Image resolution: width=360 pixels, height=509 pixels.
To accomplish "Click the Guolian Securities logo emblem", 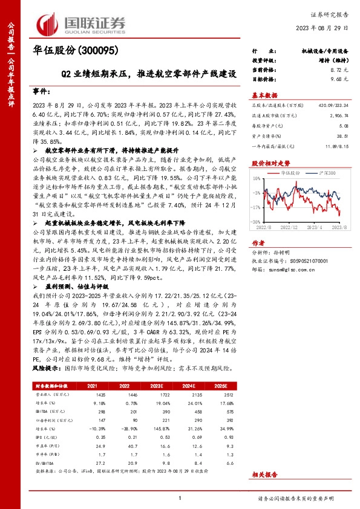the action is tap(48, 22).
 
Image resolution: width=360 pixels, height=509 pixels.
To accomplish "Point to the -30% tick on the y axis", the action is tap(257, 222).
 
